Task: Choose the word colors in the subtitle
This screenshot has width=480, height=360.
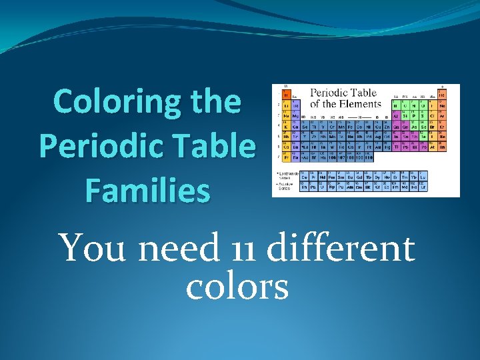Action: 237,287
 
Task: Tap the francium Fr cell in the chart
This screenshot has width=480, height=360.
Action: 287,157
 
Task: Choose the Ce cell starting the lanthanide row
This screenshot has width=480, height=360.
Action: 305,176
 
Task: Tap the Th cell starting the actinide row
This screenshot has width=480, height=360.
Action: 305,187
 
